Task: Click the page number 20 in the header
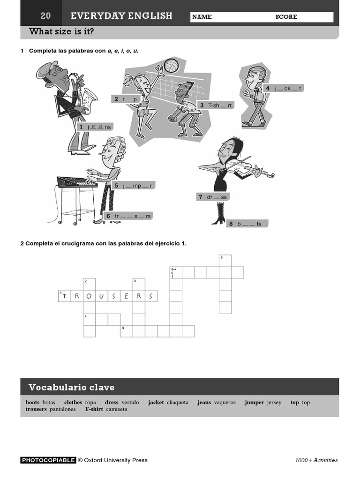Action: tap(45, 16)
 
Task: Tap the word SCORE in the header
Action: tap(286, 17)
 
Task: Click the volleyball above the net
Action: tap(171, 66)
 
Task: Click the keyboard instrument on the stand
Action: tap(76, 181)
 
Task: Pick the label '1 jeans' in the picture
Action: tap(96, 127)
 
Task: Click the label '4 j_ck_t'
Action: tap(284, 88)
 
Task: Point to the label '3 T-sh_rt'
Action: tap(216, 105)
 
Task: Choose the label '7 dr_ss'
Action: tap(213, 197)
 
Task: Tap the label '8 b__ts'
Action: tap(247, 224)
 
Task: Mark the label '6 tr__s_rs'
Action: tap(128, 216)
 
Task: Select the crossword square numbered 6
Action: tap(225, 260)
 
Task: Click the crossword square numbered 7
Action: tap(89, 319)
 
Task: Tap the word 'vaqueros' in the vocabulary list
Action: tap(225, 402)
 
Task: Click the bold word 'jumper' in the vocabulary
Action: tap(254, 402)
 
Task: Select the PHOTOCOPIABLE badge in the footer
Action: tap(48, 460)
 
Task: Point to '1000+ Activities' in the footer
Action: tap(316, 460)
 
